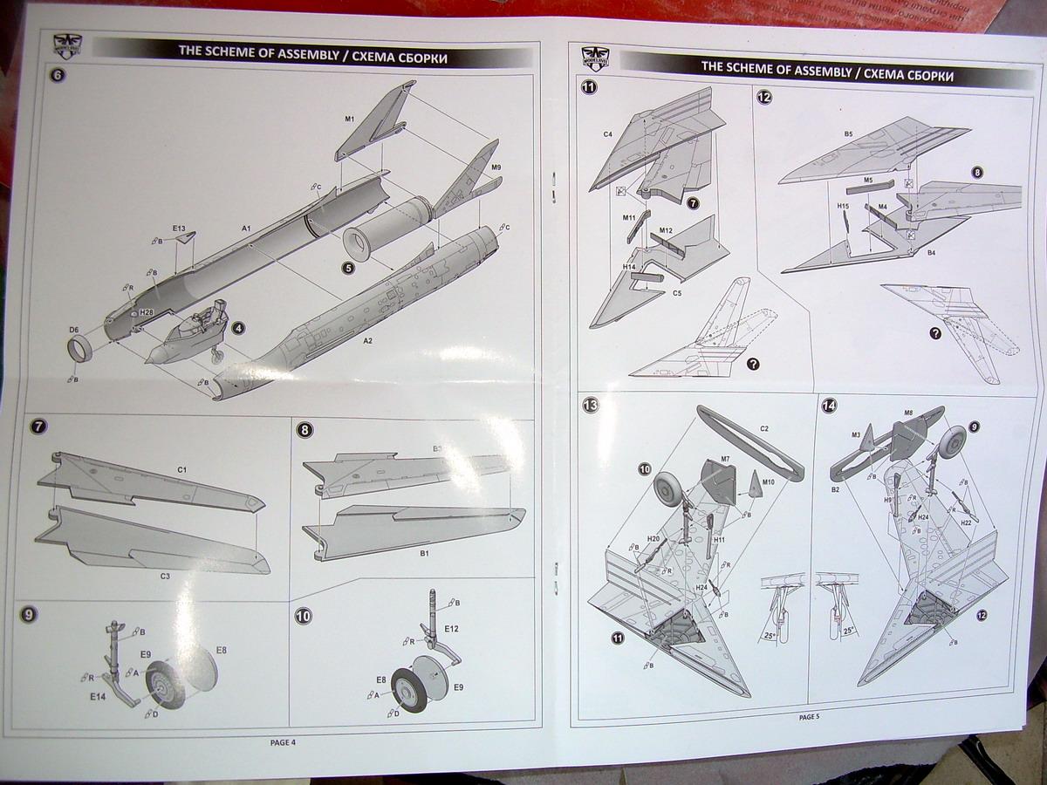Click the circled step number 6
(58, 74)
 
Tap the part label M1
(349, 119)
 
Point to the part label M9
(495, 166)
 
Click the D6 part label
(74, 330)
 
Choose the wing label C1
(181, 470)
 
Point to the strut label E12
(451, 628)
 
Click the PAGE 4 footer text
(283, 742)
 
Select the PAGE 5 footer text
(809, 716)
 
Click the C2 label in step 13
(764, 428)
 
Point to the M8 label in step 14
(908, 413)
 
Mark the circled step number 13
(591, 405)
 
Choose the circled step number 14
(828, 406)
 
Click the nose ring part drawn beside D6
(80, 352)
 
